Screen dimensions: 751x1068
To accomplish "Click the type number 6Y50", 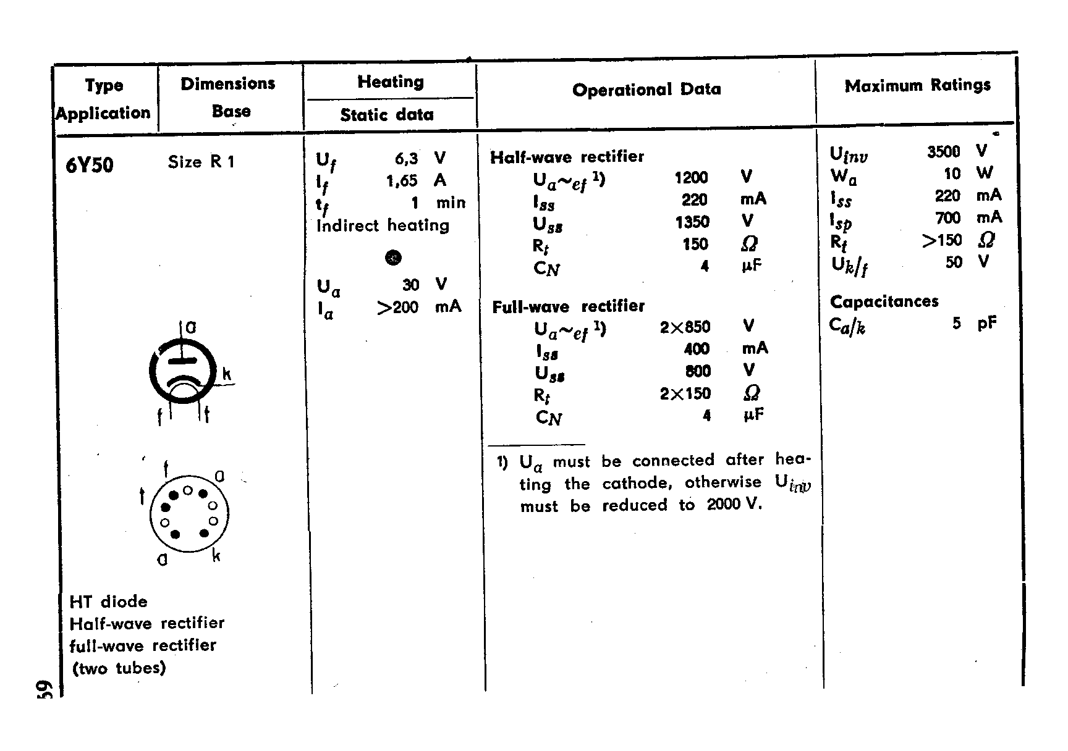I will point(90,165).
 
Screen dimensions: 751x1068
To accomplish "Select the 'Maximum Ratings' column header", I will point(917,85).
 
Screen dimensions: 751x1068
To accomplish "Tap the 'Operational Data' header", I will point(646,90).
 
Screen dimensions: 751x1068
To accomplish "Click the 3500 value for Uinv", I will point(943,152).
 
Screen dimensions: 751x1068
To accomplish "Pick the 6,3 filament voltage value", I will point(406,159).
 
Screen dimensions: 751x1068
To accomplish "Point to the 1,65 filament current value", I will point(402,181).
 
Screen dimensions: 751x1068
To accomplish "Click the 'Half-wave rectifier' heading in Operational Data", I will point(567,157).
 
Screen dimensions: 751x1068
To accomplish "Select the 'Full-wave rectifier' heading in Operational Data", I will point(568,306).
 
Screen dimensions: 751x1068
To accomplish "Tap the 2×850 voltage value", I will point(685,327).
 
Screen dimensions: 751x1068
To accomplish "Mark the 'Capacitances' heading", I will point(884,301).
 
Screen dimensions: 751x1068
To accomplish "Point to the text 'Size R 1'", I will point(201,162).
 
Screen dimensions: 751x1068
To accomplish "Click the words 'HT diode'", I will point(108,602).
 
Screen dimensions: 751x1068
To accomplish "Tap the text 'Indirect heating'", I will point(383,225).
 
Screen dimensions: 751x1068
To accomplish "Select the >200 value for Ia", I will point(397,307).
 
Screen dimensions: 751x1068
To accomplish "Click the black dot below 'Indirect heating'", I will point(393,258).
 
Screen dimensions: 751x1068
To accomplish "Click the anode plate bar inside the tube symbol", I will point(182,359).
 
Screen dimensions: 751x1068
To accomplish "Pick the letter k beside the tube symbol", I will point(227,374).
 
